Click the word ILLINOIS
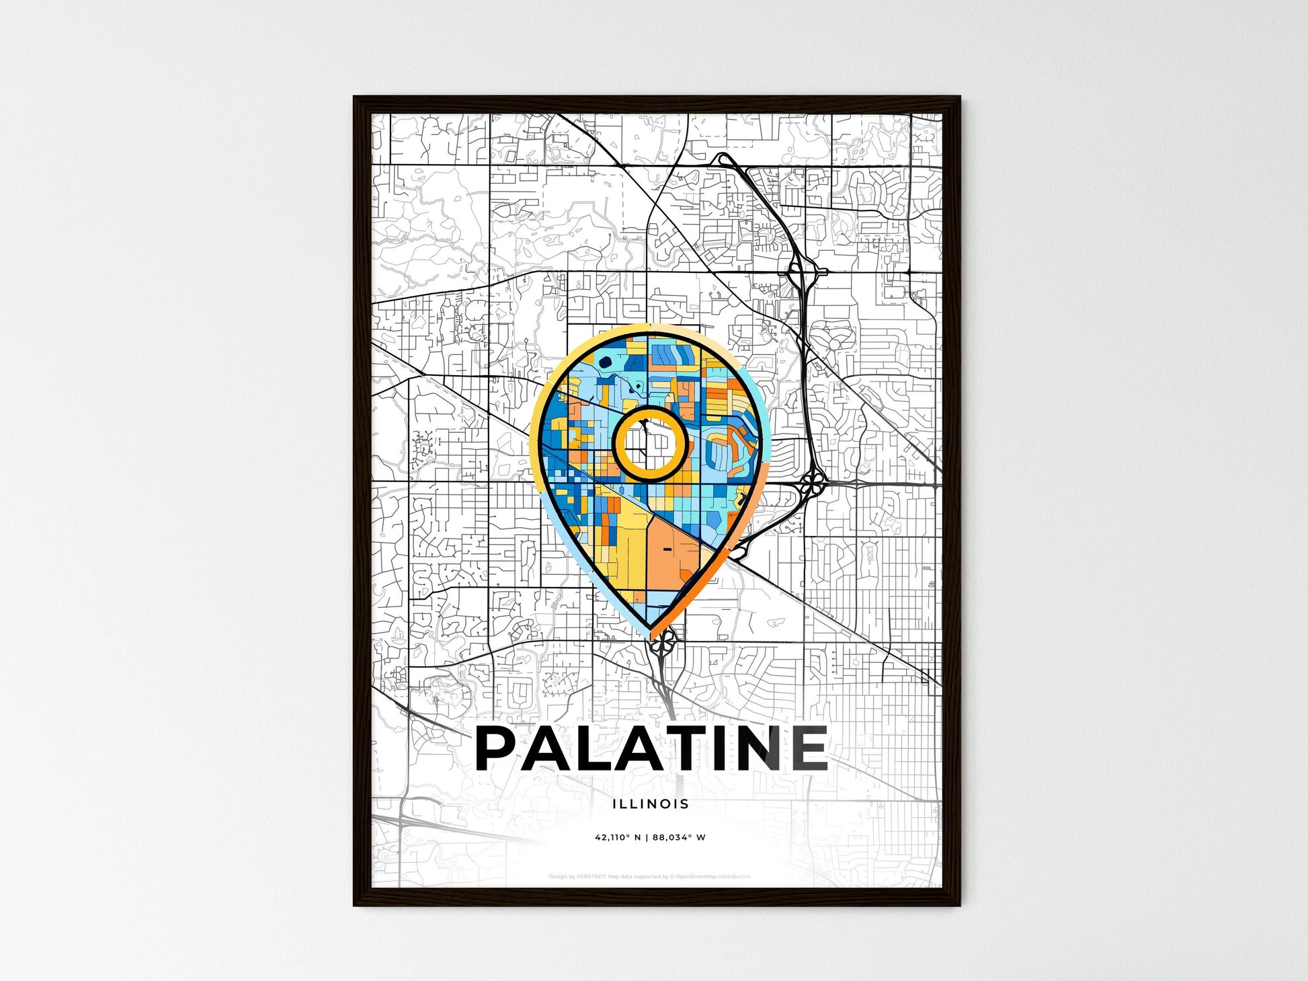[651, 803]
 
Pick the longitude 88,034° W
[679, 838]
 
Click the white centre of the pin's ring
[650, 444]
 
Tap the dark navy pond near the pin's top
[605, 362]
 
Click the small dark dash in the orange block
[667, 549]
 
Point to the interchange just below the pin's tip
[661, 647]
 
